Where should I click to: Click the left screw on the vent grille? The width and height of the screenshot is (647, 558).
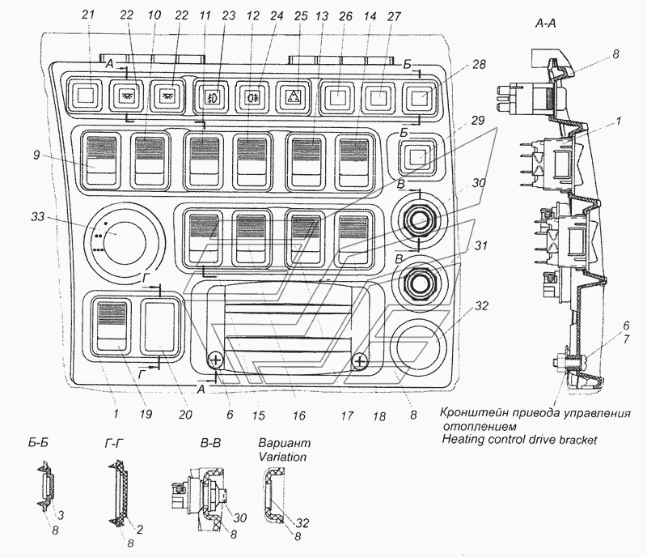216,361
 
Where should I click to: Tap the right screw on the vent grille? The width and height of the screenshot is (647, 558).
361,361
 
